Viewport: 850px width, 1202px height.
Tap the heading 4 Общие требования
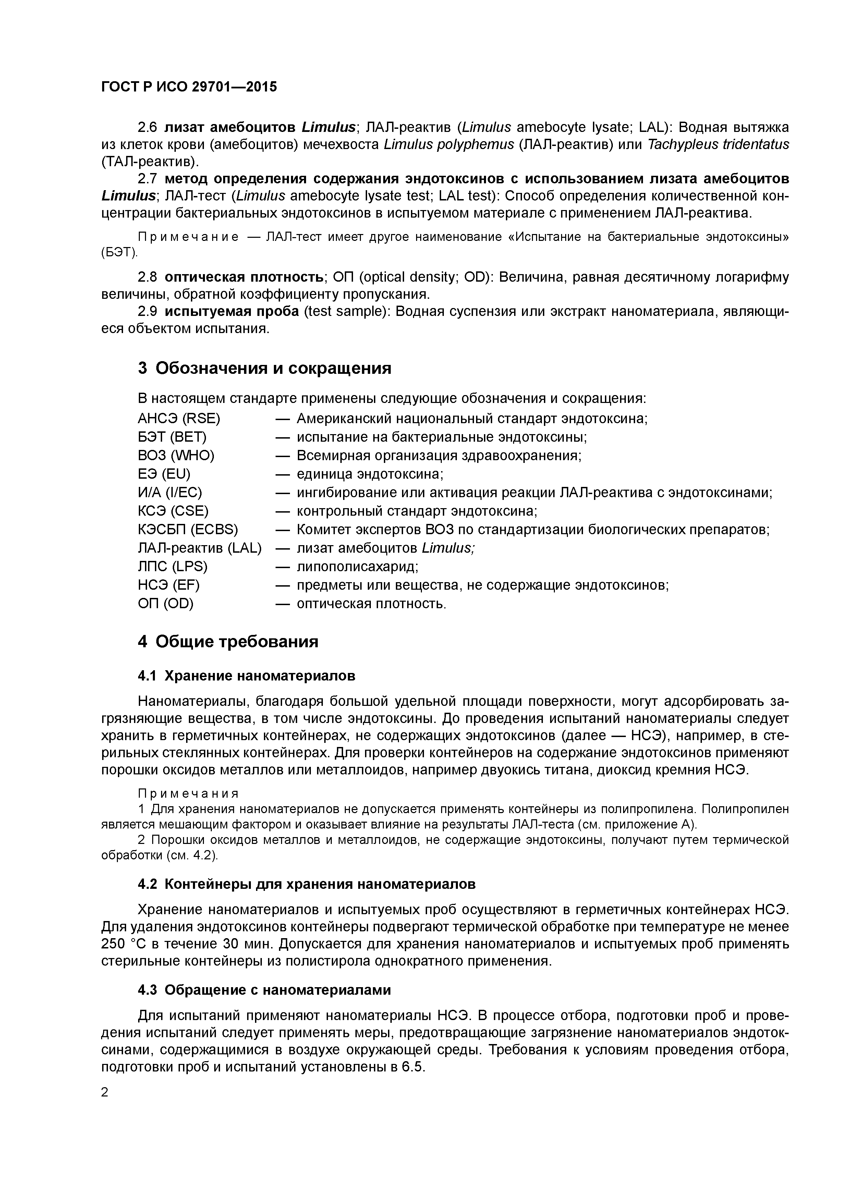tap(228, 641)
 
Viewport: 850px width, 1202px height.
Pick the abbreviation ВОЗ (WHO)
tap(176, 455)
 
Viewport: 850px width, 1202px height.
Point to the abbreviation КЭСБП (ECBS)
tap(187, 529)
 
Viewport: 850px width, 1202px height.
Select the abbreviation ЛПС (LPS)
tap(172, 566)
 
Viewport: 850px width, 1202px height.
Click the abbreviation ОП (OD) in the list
tap(166, 604)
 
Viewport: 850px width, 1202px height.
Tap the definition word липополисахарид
tap(357, 566)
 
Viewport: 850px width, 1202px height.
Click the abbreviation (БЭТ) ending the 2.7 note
tap(119, 253)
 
